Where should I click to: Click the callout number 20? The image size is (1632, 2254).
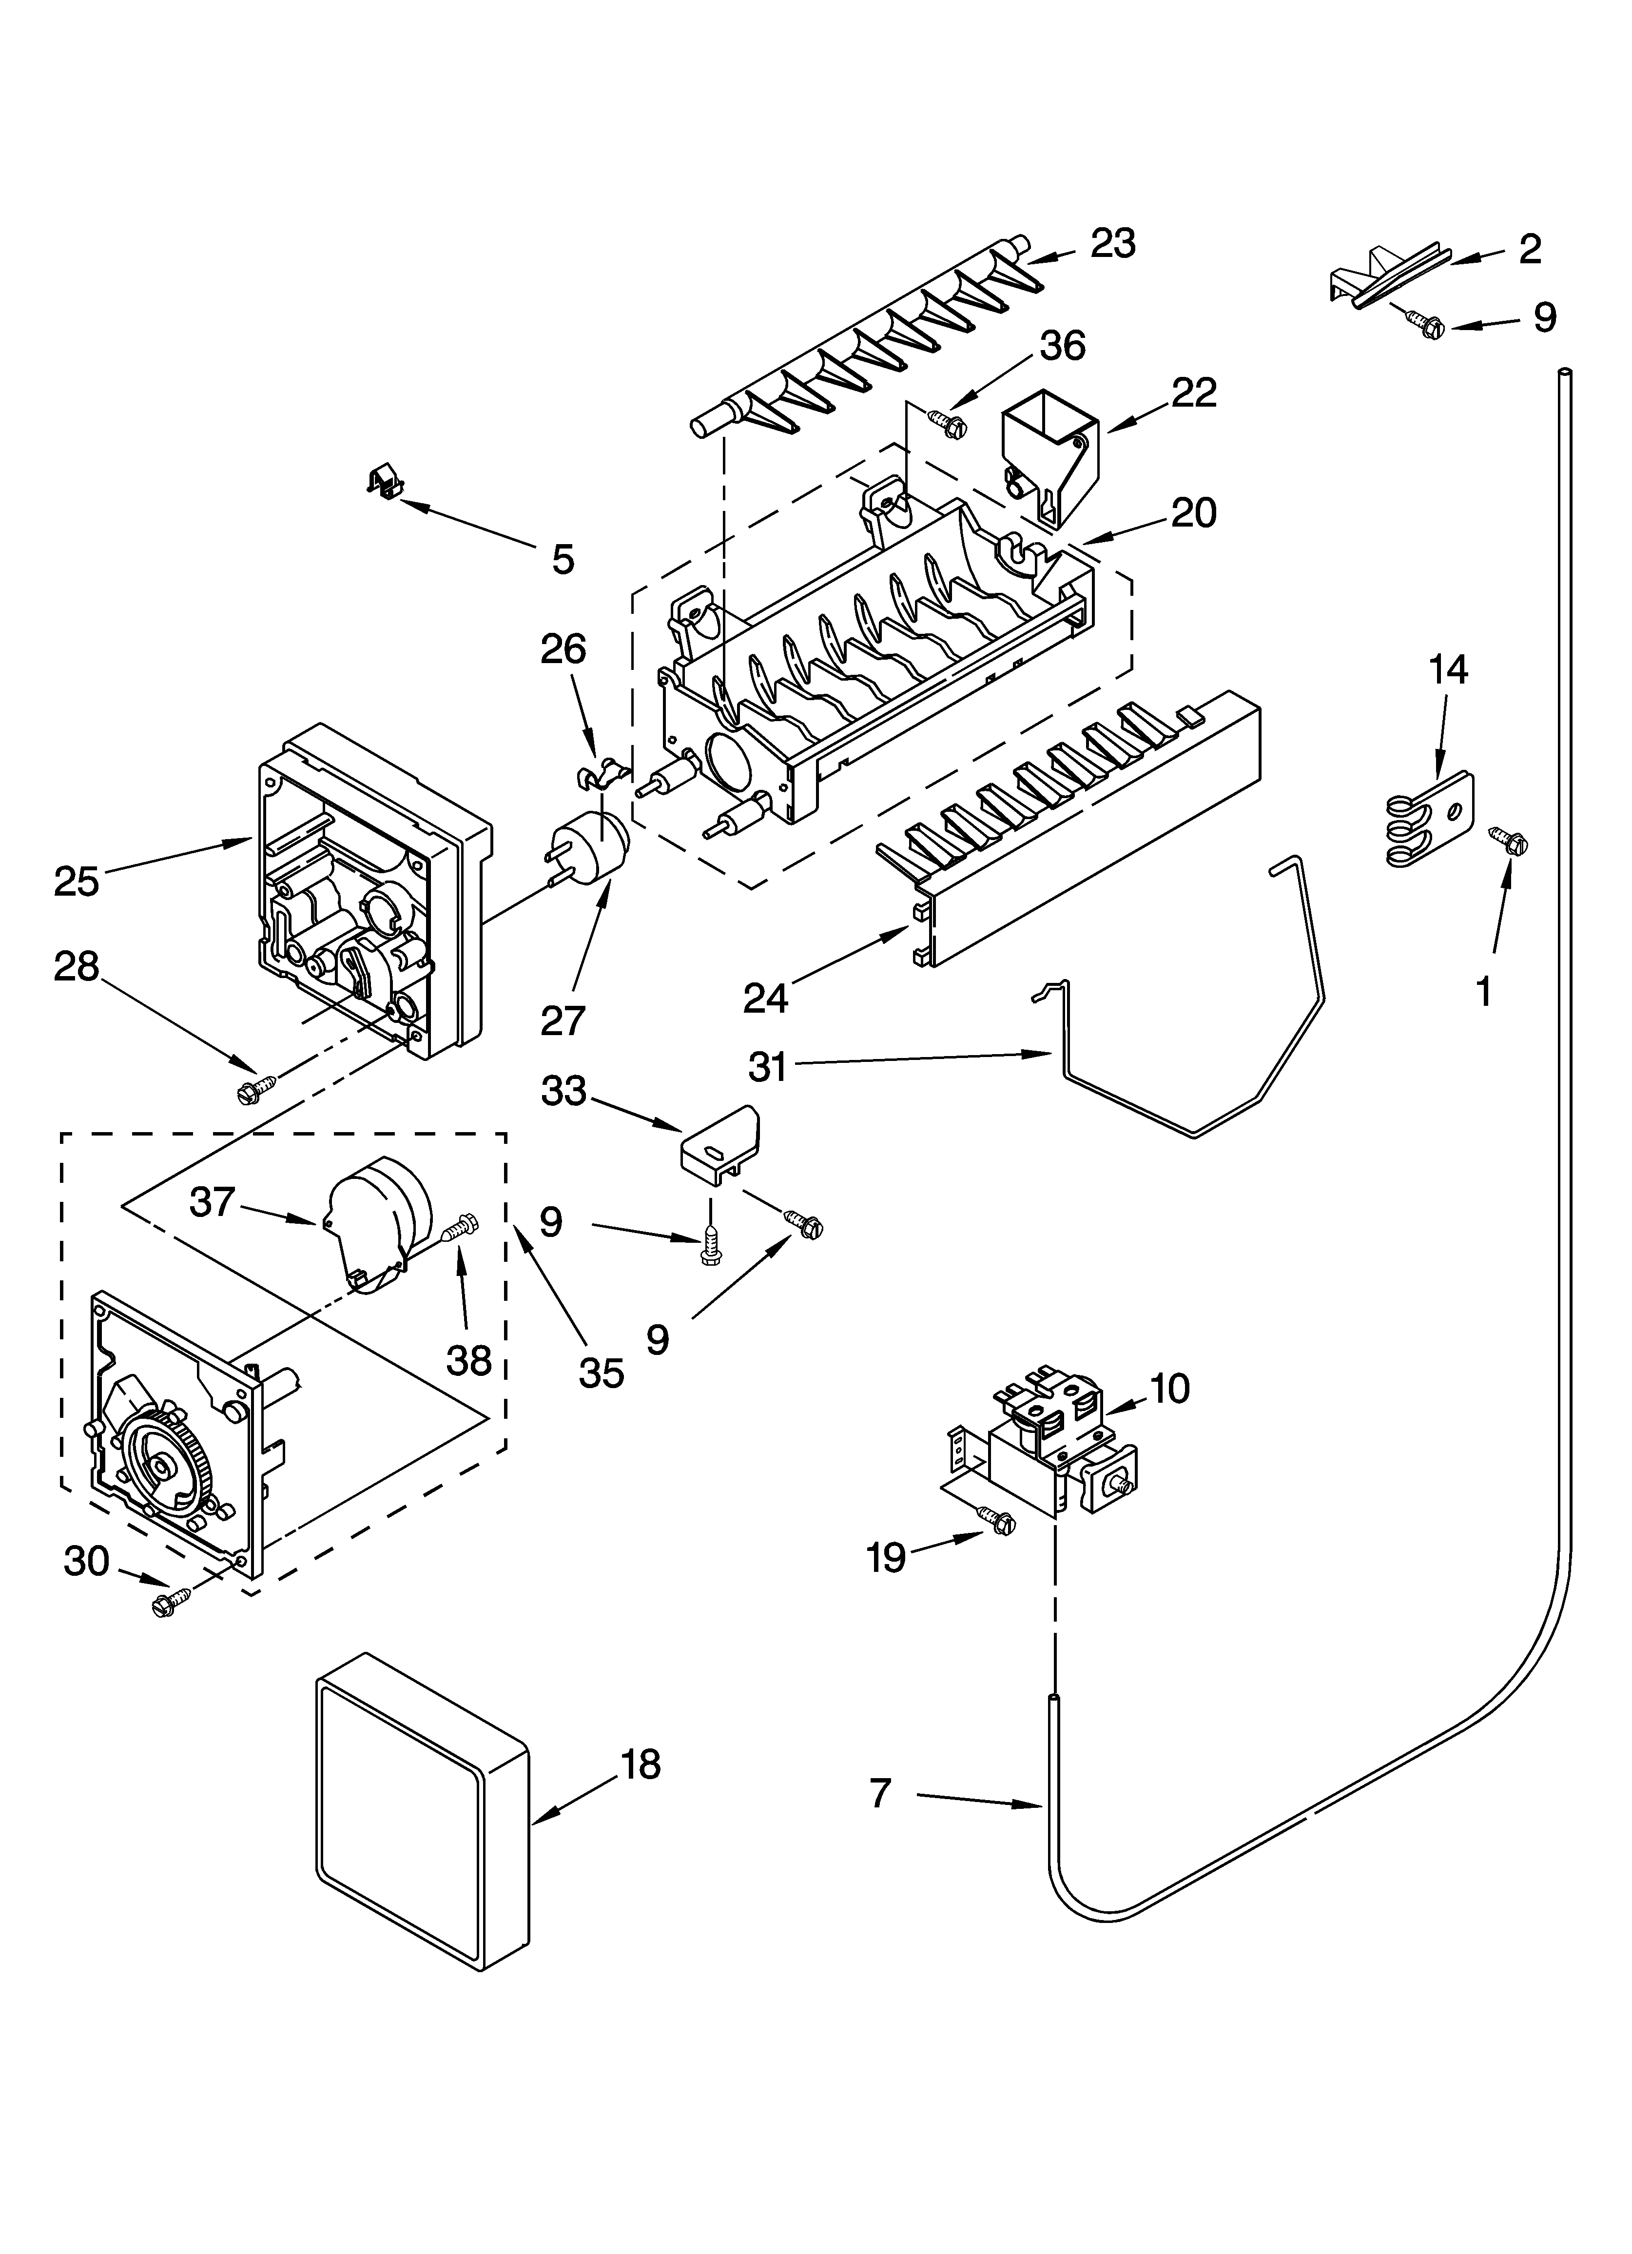pyautogui.click(x=1193, y=513)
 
